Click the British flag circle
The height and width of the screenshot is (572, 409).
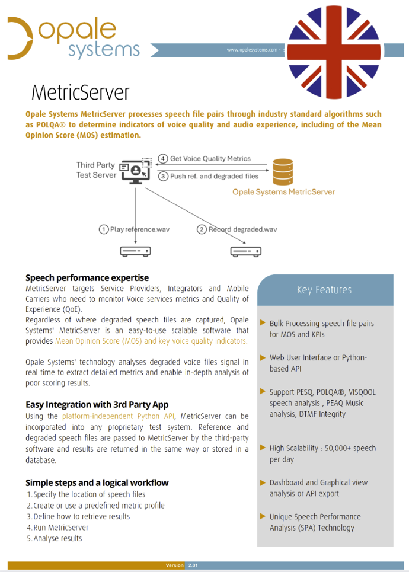334,52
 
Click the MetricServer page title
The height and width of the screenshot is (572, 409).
80,92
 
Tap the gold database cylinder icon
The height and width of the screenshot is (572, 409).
283,172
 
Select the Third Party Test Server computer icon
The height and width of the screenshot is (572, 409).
135,171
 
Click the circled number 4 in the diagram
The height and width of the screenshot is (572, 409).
163,159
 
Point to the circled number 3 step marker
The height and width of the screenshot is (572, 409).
163,176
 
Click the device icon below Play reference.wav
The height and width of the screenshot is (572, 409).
135,251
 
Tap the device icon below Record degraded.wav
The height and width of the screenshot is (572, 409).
246,251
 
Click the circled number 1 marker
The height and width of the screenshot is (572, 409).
104,229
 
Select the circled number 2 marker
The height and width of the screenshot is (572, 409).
202,229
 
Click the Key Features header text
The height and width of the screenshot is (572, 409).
324,290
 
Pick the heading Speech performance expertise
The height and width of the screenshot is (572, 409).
87,278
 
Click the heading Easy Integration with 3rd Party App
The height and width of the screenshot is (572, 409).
97,405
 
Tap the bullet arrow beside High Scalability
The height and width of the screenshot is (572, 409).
263,448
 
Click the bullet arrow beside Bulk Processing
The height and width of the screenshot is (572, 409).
263,323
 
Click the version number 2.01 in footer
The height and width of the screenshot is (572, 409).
193,565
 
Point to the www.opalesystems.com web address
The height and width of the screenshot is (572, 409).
252,50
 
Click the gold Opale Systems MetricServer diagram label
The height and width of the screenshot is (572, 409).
283,192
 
